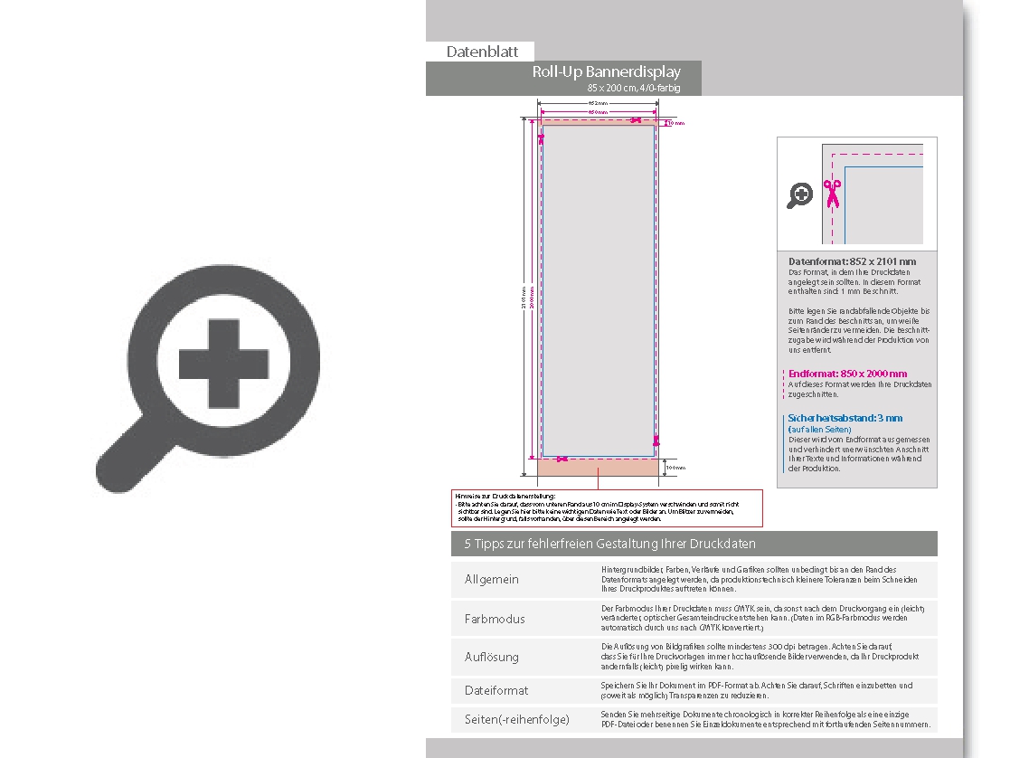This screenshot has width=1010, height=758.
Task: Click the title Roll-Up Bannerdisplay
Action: [x=606, y=72]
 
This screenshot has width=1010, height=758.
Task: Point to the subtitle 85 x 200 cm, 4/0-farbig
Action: [x=633, y=88]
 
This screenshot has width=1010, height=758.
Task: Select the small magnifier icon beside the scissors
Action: [x=799, y=194]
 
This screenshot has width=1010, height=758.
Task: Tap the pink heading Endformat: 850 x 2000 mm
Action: [x=847, y=374]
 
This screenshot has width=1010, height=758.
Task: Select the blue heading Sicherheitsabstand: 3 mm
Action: [x=845, y=419]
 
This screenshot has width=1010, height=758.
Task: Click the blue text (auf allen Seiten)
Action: [x=819, y=429]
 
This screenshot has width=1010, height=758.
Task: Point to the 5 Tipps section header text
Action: [x=609, y=544]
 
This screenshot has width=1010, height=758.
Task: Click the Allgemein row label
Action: [x=492, y=579]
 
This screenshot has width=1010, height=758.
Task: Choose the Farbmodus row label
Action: [x=495, y=619]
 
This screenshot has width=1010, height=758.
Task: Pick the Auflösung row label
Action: [x=492, y=657]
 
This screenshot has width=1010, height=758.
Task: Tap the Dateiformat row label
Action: [x=496, y=690]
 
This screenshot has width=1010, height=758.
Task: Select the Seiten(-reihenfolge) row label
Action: [x=517, y=719]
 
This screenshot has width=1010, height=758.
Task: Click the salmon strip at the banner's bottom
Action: [x=598, y=468]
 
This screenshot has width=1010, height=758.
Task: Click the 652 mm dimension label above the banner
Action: [x=598, y=104]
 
